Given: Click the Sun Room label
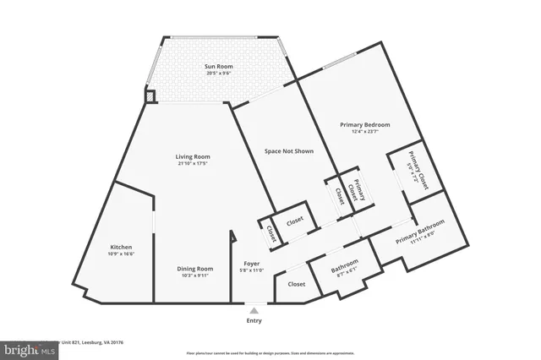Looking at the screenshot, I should [x=219, y=66].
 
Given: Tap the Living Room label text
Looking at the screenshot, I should [x=193, y=156].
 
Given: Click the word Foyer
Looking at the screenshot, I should [x=253, y=263].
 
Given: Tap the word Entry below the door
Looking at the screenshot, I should [x=254, y=320].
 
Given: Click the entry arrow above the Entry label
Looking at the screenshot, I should [x=254, y=310].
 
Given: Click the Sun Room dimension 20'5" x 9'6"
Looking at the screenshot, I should [x=219, y=73].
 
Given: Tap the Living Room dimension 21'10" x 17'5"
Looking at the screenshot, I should [x=193, y=163].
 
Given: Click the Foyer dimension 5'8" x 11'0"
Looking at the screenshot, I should [x=253, y=270].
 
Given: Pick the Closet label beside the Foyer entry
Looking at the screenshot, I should [x=297, y=285].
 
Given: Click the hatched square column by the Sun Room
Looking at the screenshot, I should [x=151, y=96].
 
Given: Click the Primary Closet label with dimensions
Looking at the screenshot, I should [x=413, y=172].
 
